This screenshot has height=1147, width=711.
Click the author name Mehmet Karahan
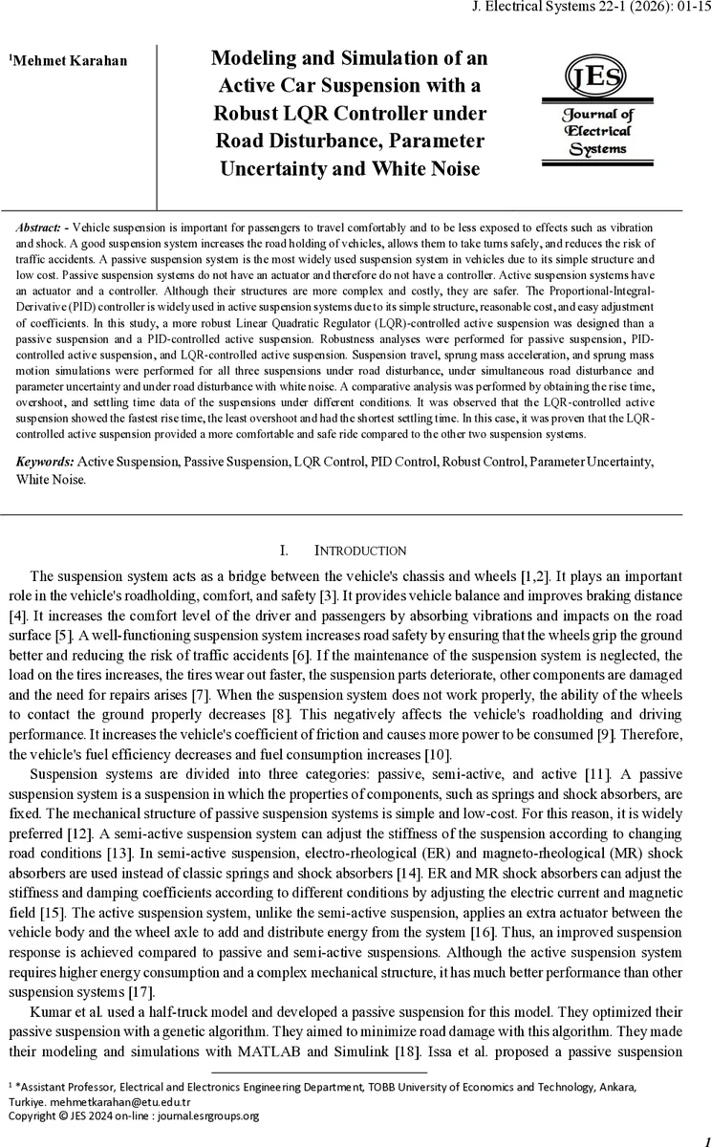click(70, 61)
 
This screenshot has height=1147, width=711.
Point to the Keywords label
click(45, 462)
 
